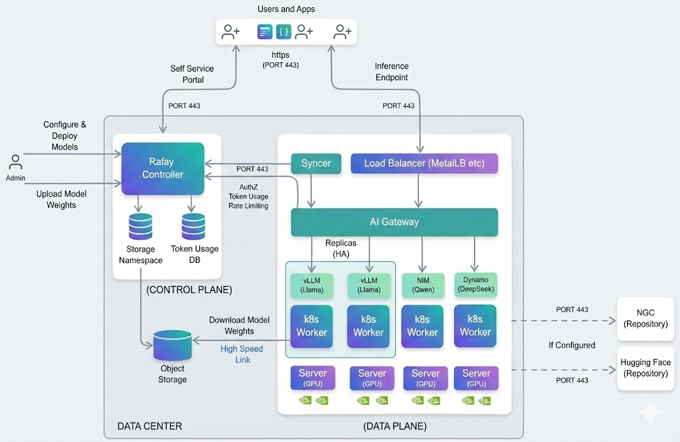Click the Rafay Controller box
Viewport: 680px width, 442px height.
point(163,169)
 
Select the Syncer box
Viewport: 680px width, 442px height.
point(316,163)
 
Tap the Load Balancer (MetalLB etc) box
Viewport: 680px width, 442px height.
point(424,163)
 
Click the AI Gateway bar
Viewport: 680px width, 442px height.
point(394,222)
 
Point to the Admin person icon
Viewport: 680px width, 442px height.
point(15,163)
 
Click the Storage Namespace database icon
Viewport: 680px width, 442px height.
point(140,226)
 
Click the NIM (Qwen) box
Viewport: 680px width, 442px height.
point(422,285)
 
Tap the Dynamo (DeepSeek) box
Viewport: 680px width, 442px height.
point(475,285)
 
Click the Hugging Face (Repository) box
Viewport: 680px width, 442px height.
point(645,368)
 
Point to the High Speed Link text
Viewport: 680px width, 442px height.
point(242,354)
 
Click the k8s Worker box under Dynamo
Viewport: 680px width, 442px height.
point(475,326)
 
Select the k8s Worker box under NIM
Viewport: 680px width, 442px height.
point(422,326)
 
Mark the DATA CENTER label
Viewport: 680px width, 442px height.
point(149,425)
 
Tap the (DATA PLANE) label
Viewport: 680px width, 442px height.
point(394,425)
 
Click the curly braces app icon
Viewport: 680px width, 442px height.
point(284,31)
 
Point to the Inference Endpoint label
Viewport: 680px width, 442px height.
point(392,72)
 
